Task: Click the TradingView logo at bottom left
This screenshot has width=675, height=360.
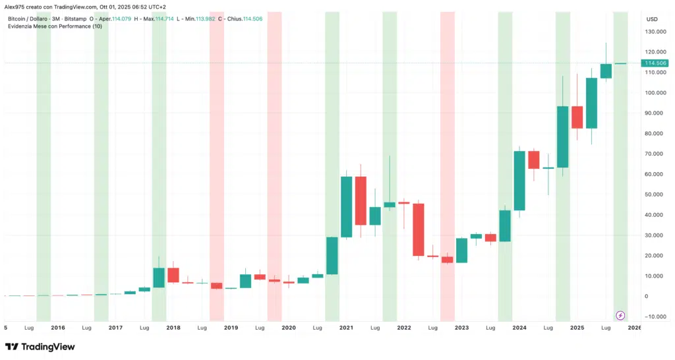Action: click(x=40, y=347)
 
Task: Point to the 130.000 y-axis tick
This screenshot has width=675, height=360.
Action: click(x=655, y=32)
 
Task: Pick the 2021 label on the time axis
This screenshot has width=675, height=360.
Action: click(x=346, y=327)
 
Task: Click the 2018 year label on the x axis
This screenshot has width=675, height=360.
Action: click(x=173, y=327)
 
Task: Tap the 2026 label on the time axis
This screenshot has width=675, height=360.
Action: click(x=635, y=327)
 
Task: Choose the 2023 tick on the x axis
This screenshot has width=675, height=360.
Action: click(x=461, y=327)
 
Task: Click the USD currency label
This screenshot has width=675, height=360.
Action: click(x=652, y=18)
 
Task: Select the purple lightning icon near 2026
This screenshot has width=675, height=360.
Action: click(x=620, y=316)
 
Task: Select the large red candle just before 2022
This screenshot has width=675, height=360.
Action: click(x=361, y=200)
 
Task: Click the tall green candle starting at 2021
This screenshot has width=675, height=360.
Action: click(x=346, y=207)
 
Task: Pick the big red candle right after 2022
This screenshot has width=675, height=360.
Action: click(x=418, y=229)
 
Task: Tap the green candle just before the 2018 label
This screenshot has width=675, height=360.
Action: click(x=159, y=278)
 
